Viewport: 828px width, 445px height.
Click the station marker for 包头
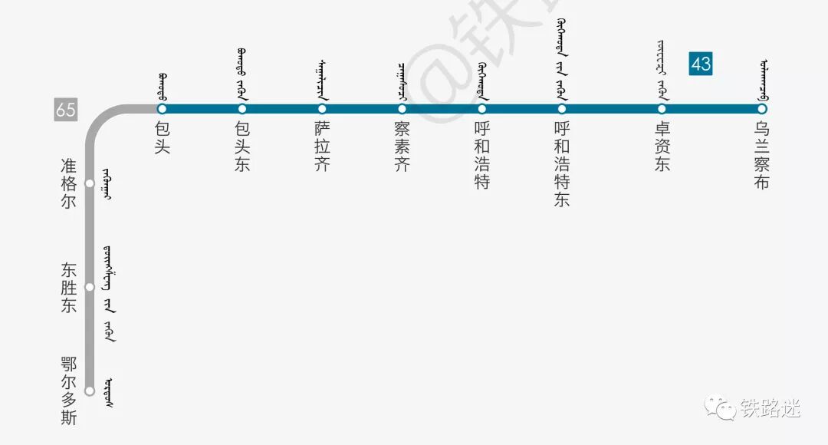tap(162, 109)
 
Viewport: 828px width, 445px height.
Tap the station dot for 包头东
tap(242, 109)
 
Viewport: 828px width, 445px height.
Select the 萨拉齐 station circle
tap(322, 109)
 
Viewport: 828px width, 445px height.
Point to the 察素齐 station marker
tap(402, 109)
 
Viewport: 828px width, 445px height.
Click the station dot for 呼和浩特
tap(482, 109)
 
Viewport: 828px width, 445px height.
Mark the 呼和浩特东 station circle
tap(562, 109)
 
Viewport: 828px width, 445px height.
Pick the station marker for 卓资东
tap(662, 109)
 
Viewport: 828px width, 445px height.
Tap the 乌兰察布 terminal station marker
tap(762, 109)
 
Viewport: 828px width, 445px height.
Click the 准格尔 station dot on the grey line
tap(89, 183)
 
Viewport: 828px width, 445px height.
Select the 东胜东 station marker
tap(89, 287)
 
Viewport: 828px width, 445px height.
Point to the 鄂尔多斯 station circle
tap(89, 391)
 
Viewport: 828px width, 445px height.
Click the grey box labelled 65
tap(66, 109)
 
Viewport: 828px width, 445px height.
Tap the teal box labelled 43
tap(701, 64)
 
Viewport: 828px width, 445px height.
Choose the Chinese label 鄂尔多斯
tap(69, 391)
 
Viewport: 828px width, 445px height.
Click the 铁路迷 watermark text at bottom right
tap(770, 408)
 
